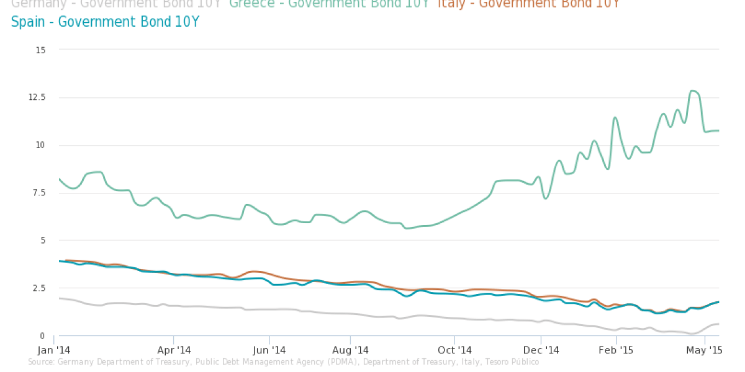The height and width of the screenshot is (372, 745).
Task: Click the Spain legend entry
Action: (105, 22)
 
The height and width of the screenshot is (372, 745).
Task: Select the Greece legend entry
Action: (329, 4)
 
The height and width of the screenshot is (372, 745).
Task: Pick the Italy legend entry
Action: (528, 4)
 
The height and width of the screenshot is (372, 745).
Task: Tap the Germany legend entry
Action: (116, 4)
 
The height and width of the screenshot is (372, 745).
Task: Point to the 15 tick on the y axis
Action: (42, 49)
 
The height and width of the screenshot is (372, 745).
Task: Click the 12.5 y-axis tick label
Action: (38, 97)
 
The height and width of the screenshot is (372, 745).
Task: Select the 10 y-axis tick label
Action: (42, 145)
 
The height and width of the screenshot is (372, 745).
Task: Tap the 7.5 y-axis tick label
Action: (40, 193)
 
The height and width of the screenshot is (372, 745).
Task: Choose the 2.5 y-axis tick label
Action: (40, 288)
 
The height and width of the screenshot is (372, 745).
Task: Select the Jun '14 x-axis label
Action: (269, 349)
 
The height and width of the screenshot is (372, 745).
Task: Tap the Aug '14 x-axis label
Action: (351, 349)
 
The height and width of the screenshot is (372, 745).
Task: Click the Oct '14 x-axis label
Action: (454, 349)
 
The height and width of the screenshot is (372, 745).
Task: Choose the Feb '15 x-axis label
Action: (616, 349)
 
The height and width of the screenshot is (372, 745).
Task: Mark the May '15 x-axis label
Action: (705, 349)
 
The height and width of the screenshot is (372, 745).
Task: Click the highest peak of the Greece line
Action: (693, 91)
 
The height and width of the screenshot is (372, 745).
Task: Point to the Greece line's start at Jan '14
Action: (59, 179)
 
